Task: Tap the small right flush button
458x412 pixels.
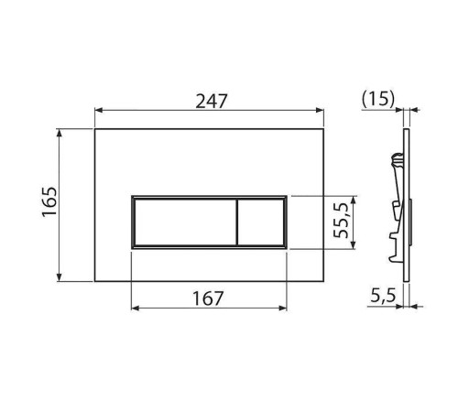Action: click(262, 222)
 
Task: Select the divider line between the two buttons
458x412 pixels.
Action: click(238, 222)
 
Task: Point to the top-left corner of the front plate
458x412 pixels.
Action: click(95, 129)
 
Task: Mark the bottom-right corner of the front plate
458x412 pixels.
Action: click(325, 281)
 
